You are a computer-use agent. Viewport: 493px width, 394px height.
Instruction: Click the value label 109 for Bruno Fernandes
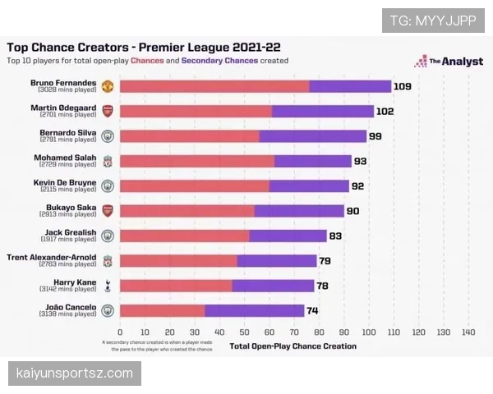403,86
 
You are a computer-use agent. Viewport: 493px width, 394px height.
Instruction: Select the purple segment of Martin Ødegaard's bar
322,112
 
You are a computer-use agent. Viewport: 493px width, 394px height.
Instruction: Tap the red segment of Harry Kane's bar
176,286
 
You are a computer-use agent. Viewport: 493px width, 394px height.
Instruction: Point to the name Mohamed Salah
65,157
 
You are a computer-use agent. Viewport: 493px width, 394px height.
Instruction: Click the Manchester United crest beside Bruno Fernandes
107,86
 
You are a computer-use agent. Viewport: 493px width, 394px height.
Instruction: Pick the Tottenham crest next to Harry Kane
107,286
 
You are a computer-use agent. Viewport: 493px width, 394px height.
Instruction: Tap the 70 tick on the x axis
294,332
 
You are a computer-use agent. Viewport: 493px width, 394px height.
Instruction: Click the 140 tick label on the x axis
468,332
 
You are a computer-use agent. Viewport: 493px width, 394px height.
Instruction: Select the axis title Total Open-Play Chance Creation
293,346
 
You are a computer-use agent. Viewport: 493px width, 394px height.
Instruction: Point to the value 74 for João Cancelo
312,310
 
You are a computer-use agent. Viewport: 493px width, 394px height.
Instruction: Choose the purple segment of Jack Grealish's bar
288,236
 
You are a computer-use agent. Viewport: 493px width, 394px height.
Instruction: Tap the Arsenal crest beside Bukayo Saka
107,211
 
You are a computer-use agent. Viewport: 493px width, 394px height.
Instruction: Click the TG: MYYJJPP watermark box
432,21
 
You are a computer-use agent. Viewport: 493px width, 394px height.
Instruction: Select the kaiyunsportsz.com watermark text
75,373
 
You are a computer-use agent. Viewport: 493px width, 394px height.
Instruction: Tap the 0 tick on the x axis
120,332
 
